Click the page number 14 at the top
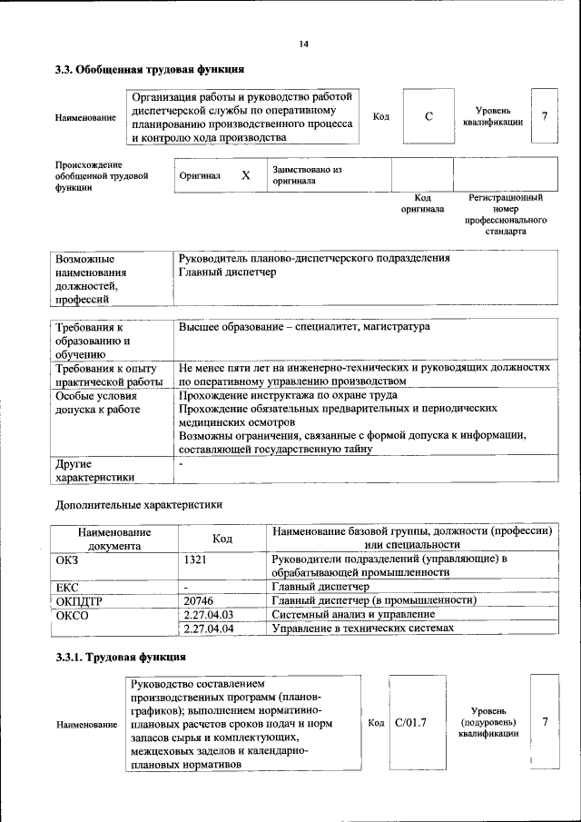pyautogui.click(x=303, y=45)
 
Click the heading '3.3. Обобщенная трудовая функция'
pyautogui.click(x=148, y=69)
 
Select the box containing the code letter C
pyautogui.click(x=428, y=116)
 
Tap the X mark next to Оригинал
pyautogui.click(x=245, y=175)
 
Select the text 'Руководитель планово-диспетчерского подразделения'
pyautogui.click(x=314, y=258)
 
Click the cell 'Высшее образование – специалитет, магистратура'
pyautogui.click(x=304, y=326)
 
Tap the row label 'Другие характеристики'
pyautogui.click(x=94, y=470)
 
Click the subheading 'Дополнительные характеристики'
pyautogui.click(x=138, y=504)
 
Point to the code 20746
pyautogui.click(x=199, y=600)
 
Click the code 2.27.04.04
pyautogui.click(x=209, y=628)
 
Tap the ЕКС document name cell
pyautogui.click(x=68, y=587)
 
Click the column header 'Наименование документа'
pyautogui.click(x=113, y=539)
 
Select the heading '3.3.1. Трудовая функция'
pyautogui.click(x=121, y=656)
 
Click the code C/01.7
pyautogui.click(x=411, y=722)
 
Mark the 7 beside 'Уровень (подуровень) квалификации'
pyautogui.click(x=545, y=722)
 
